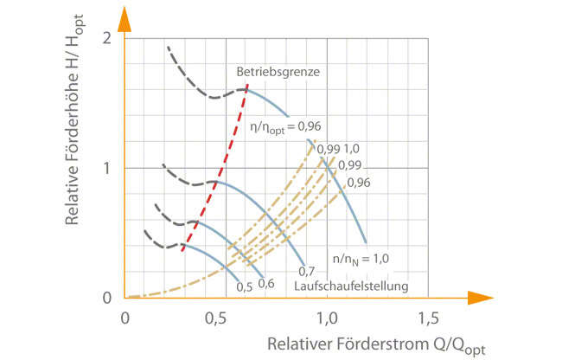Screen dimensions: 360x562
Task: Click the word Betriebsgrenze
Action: click(x=272, y=73)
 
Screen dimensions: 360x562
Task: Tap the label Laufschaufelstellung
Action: click(x=350, y=286)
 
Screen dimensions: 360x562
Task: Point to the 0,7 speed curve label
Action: click(x=308, y=272)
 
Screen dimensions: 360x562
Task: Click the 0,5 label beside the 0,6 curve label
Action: click(x=244, y=286)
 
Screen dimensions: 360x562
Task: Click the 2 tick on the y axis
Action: click(x=106, y=38)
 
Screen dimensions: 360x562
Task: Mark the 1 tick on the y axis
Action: click(x=106, y=167)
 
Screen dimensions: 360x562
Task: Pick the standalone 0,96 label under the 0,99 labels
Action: click(x=357, y=182)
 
